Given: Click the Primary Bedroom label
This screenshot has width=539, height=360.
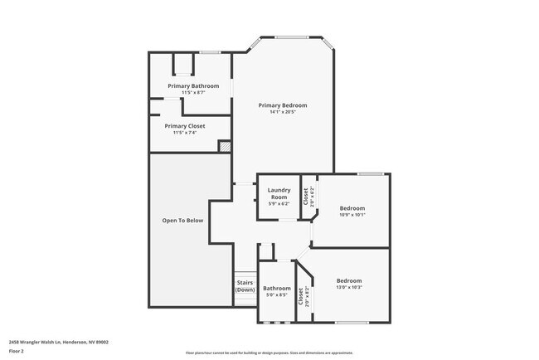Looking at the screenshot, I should click(282, 105).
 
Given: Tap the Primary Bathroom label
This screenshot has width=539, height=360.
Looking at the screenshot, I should click(193, 86).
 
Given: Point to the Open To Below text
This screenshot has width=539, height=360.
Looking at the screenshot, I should click(182, 221).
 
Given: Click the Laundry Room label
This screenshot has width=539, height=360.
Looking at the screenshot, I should click(279, 193).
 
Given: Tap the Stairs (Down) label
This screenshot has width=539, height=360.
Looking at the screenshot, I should click(245, 286).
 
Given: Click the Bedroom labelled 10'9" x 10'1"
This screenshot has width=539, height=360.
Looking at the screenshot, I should click(352, 208).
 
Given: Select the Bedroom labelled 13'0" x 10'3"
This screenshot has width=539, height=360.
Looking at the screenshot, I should click(349, 281).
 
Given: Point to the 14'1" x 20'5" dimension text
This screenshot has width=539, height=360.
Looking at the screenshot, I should click(282, 112).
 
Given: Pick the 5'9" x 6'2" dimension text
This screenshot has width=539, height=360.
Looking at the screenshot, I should click(279, 203).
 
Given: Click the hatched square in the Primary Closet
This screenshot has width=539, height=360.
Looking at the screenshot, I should click(224, 146).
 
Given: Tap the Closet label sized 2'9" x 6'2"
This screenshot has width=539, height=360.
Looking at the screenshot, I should click(305, 196).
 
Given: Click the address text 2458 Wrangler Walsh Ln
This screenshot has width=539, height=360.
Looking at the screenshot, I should click(59, 341).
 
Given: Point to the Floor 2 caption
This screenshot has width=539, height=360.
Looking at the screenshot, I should click(17, 351).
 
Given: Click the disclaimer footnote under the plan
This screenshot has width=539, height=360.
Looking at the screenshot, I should click(269, 353).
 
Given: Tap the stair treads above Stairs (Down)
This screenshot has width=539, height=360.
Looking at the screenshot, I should click(245, 276).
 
